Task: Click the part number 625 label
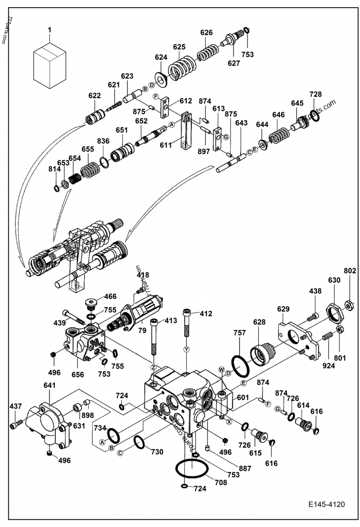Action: click(x=179, y=47)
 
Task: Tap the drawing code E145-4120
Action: click(x=327, y=504)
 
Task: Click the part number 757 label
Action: click(x=239, y=333)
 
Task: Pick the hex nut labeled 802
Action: click(x=349, y=306)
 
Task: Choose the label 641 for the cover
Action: click(x=50, y=385)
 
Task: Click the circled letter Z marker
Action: click(x=153, y=368)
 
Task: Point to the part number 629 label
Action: click(x=283, y=309)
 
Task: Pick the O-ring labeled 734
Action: click(x=114, y=434)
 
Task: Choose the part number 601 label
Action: click(x=243, y=397)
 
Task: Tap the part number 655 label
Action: click(x=88, y=149)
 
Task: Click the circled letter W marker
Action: click(x=221, y=370)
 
